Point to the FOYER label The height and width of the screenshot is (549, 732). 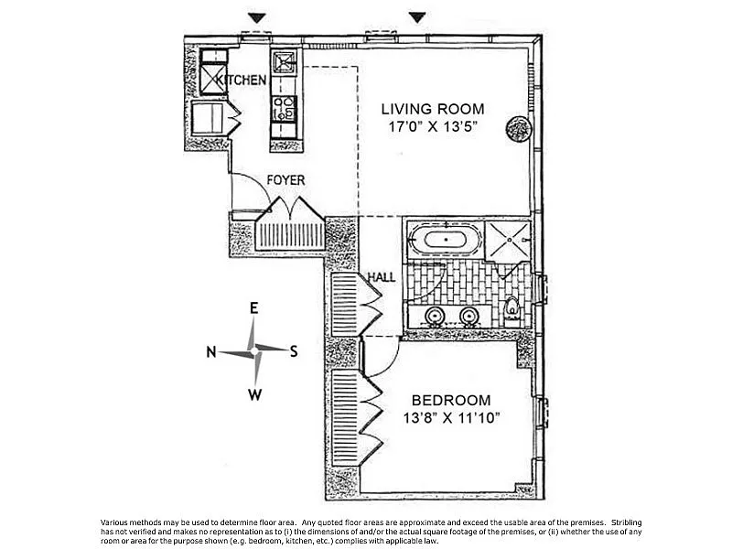[285, 180]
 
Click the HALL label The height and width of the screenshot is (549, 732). [382, 276]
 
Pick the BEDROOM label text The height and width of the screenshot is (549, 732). [450, 400]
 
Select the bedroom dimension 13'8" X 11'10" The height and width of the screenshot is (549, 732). [450, 419]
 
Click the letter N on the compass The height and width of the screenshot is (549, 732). [210, 351]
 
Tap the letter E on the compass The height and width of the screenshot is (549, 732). [254, 308]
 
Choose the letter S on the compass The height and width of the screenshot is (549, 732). [294, 350]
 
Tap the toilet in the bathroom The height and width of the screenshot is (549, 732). [513, 308]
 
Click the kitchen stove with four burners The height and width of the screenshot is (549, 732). [284, 110]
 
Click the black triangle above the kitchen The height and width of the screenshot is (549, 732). [257, 17]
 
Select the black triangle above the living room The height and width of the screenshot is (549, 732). [418, 17]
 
